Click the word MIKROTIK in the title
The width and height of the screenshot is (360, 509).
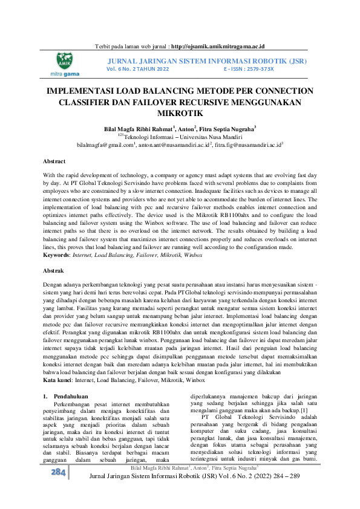[x=180, y=113]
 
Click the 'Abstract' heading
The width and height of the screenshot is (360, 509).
[x=54, y=161]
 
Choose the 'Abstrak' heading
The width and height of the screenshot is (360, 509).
[x=54, y=271]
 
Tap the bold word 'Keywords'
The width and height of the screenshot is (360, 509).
[x=56, y=256]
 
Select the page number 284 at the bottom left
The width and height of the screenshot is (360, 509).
[x=58, y=489]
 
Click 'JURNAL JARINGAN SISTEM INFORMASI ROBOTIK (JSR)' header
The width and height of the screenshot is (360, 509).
[x=207, y=61]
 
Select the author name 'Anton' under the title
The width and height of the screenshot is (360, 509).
[x=187, y=129]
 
